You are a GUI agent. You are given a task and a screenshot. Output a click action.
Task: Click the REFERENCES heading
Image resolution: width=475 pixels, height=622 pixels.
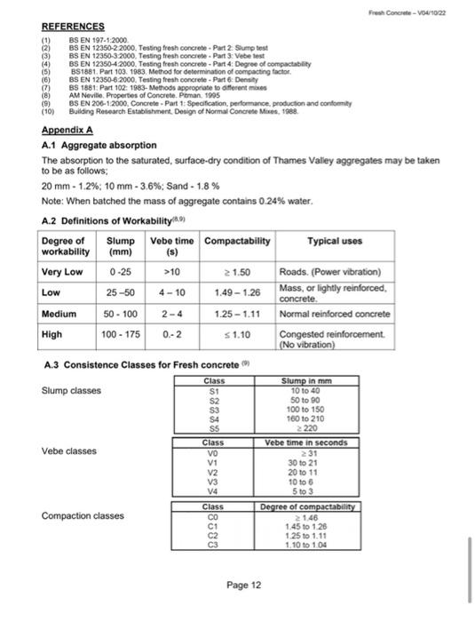tap(73, 27)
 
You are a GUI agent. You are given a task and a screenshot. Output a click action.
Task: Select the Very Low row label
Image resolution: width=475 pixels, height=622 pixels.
tap(62, 271)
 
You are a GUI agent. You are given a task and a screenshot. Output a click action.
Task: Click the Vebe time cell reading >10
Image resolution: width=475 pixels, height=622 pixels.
tap(166, 271)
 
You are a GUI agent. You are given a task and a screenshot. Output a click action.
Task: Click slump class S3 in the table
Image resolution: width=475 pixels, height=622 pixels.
tap(213, 409)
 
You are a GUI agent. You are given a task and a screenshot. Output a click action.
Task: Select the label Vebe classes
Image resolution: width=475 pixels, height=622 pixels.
tap(69, 451)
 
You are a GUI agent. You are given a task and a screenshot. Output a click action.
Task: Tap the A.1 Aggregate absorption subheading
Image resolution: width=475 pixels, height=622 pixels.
tap(99, 144)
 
